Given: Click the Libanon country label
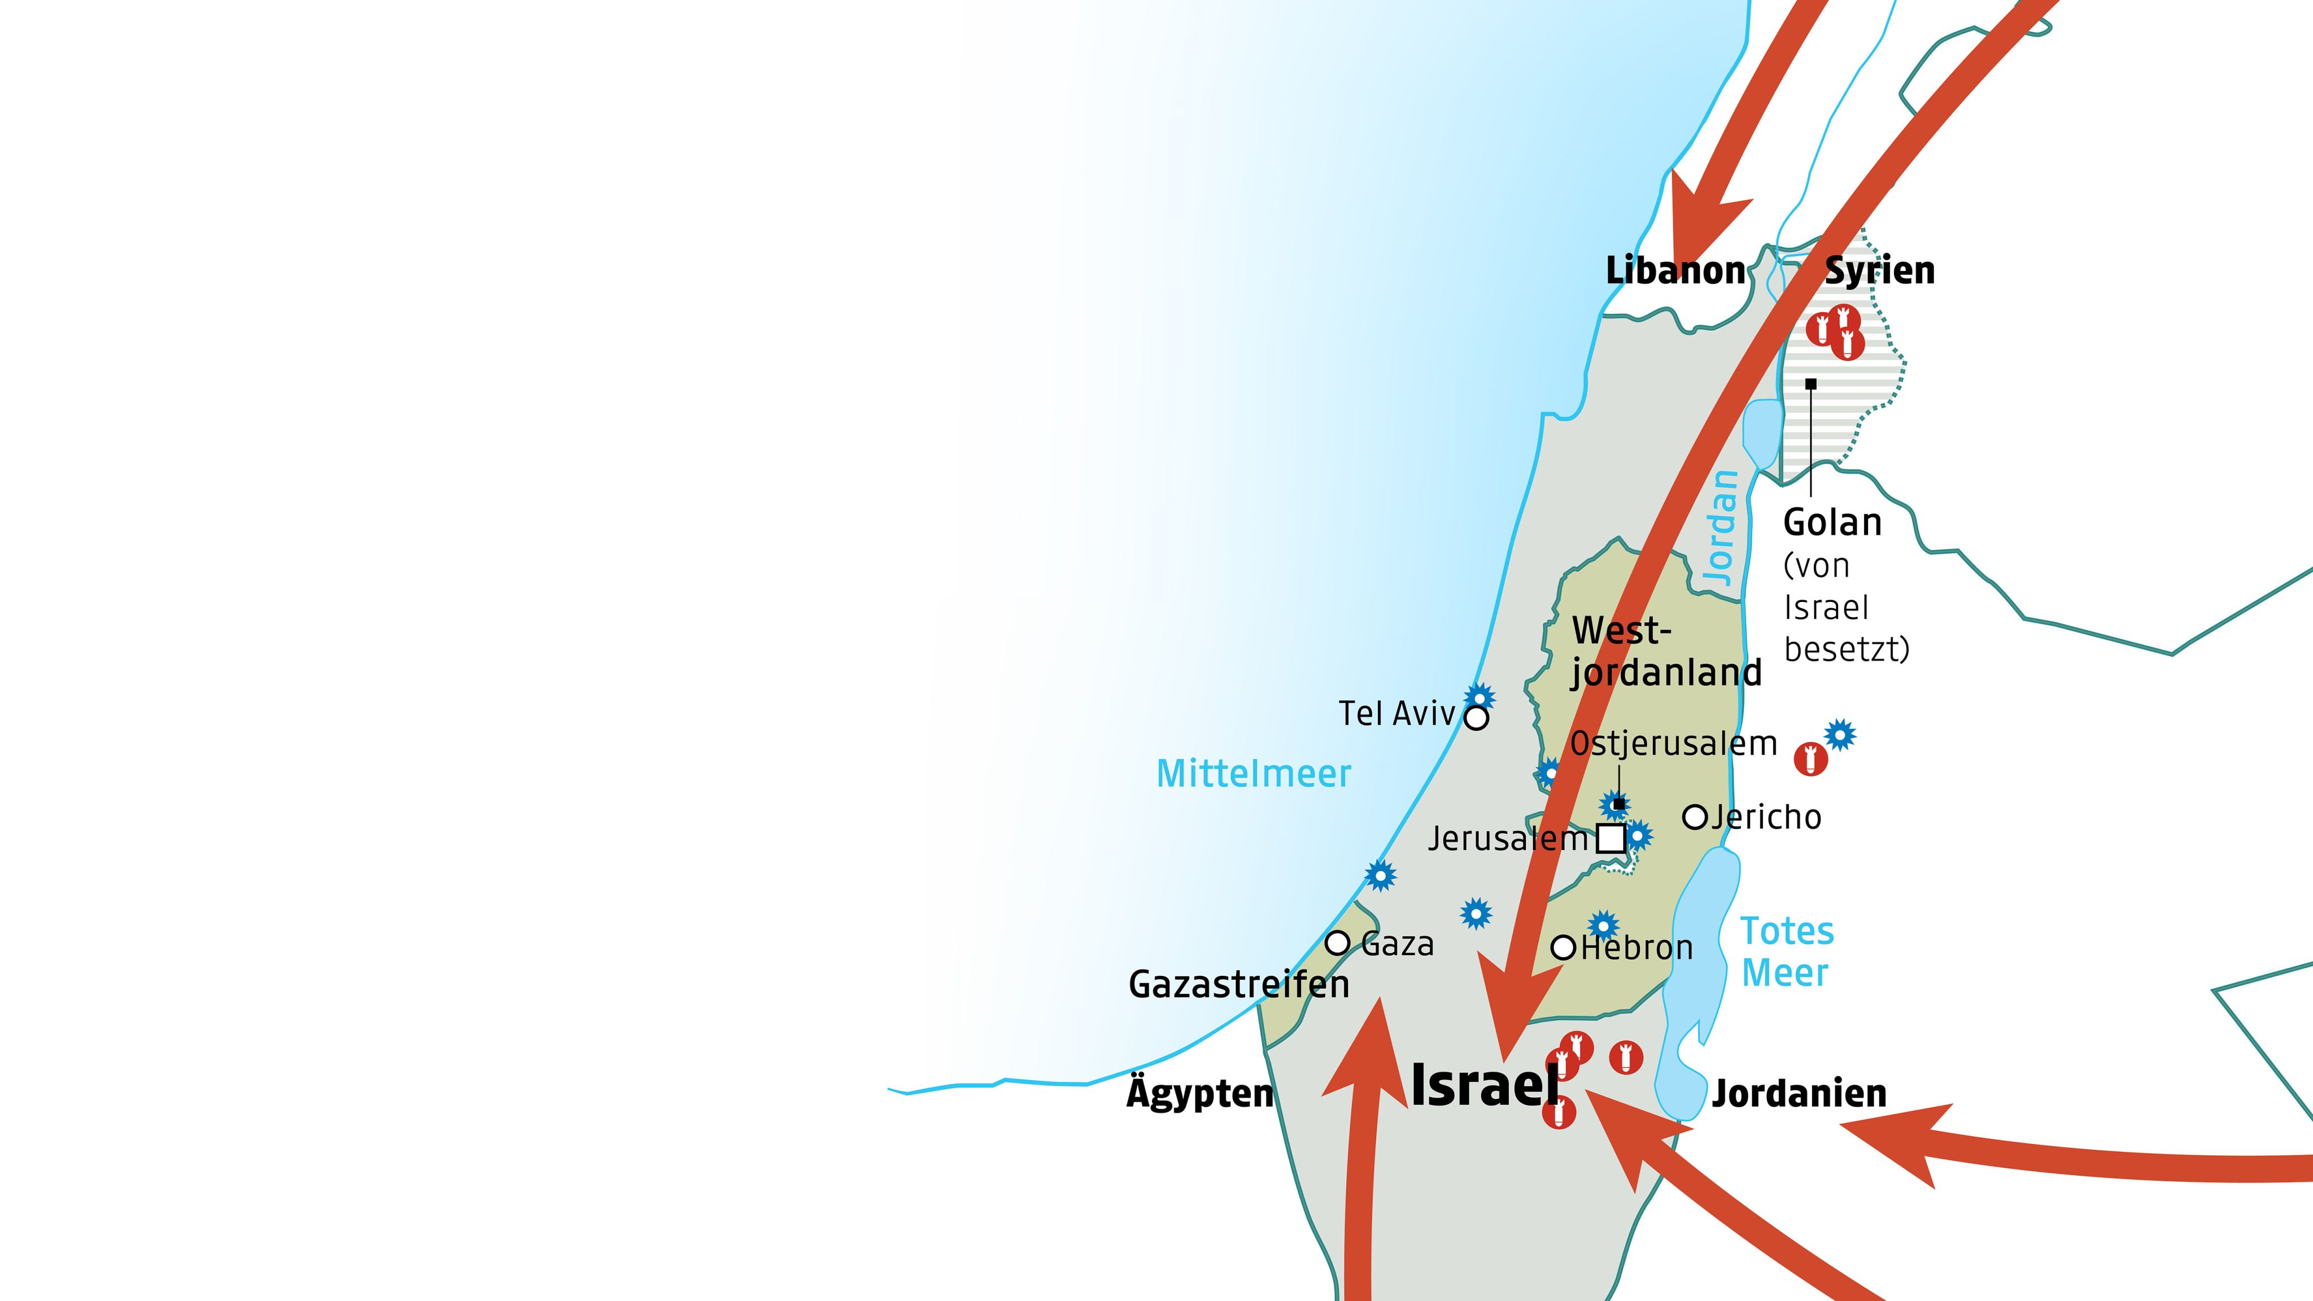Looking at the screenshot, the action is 1674,270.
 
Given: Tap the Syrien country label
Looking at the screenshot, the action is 1879,270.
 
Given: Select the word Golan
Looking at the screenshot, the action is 1832,522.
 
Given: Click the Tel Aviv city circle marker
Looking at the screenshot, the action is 1476,718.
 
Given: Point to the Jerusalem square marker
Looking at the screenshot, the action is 1611,839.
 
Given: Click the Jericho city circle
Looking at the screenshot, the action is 1694,817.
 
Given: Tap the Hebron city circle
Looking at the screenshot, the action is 1563,948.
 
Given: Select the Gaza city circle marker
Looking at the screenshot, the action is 1338,943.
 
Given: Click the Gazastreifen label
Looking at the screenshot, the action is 1238,985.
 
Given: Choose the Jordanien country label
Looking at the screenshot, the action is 1799,1094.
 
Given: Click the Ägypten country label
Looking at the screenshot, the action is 1199,1094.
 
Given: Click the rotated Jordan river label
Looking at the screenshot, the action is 1721,529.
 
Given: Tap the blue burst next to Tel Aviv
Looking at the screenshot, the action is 1480,697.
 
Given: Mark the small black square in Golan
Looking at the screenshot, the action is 1811,385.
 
